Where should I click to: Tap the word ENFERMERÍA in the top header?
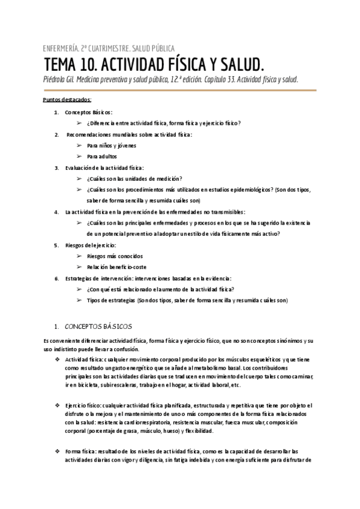coord(61,49)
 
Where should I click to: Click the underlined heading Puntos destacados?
coord(67,99)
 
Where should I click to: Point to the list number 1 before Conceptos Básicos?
coord(56,113)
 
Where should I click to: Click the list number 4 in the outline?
coord(56,212)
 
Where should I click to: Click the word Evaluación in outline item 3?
coord(78,167)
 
